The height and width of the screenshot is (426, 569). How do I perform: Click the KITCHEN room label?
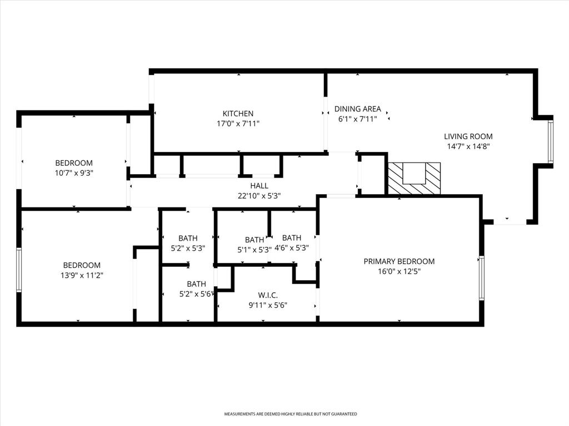[x=238, y=114]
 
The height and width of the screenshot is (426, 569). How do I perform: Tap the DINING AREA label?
[x=357, y=109]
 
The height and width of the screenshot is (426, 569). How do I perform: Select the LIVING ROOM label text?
[x=468, y=136]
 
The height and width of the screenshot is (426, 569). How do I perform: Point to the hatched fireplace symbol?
[x=414, y=178]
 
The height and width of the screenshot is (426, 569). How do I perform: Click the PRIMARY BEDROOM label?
[x=399, y=261]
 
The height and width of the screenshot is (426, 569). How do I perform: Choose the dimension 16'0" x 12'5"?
[x=399, y=272]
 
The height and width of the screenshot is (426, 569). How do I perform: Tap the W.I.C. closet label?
[x=268, y=295]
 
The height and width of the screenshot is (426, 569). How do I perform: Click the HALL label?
[x=259, y=186]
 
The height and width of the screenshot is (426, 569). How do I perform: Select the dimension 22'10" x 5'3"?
[x=259, y=196]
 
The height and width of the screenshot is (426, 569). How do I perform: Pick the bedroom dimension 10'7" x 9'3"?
[x=74, y=173]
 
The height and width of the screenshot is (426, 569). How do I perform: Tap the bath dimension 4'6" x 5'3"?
[x=291, y=248]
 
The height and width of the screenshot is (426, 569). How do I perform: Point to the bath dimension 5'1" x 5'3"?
[x=254, y=250]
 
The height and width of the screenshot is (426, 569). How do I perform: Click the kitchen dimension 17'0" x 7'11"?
[x=238, y=124]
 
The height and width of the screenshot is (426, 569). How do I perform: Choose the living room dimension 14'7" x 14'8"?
[x=468, y=146]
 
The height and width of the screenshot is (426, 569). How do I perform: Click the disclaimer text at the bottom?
[x=290, y=414]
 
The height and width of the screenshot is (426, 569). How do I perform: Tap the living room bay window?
[x=550, y=141]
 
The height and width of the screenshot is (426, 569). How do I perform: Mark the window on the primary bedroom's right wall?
[x=482, y=277]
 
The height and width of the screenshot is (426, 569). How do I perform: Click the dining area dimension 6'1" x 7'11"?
[x=357, y=119]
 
